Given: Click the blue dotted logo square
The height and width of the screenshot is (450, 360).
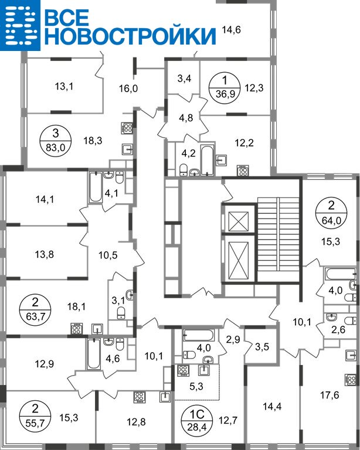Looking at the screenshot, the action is pyautogui.click(x=20, y=25).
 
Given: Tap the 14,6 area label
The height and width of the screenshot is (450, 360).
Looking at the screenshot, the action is pyautogui.click(x=232, y=29).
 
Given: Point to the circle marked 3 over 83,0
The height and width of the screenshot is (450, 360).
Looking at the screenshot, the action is pyautogui.click(x=55, y=141).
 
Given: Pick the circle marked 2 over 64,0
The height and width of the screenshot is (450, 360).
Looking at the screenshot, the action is pyautogui.click(x=331, y=213).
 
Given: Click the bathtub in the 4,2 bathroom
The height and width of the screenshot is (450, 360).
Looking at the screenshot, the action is pyautogui.click(x=208, y=161).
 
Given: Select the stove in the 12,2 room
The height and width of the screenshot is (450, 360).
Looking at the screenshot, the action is pyautogui.click(x=243, y=171).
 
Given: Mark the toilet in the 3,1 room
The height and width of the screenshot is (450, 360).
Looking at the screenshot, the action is pyautogui.click(x=121, y=313).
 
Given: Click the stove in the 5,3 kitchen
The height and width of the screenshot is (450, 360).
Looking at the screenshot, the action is pyautogui.click(x=183, y=370).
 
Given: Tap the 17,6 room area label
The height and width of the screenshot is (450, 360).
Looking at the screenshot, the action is pyautogui.click(x=330, y=395).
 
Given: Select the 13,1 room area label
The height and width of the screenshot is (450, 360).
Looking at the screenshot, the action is pyautogui.click(x=64, y=86).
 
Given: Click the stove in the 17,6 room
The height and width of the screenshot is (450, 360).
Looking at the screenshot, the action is pyautogui.click(x=351, y=380).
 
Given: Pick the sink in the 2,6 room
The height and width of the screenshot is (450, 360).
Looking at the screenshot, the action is pyautogui.click(x=332, y=318).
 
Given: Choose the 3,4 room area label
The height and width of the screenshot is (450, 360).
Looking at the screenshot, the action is pyautogui.click(x=184, y=78).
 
